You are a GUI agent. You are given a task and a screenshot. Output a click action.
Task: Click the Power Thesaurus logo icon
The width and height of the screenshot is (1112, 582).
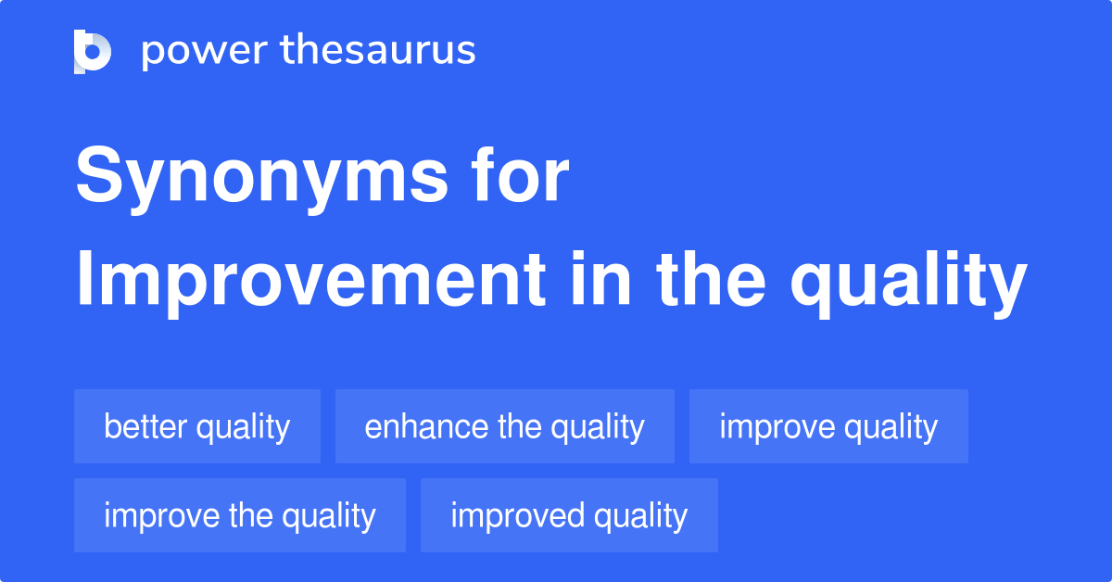pos(93,51)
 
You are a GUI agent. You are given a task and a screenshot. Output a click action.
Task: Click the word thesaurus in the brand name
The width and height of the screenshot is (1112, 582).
pos(378,51)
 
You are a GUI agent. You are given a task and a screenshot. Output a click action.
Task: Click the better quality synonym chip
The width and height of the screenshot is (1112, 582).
pos(196,426)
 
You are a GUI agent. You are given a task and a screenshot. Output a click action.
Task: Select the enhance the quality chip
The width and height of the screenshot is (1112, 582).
pos(504,426)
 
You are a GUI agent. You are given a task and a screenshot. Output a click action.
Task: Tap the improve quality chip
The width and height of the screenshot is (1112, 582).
pos(828,426)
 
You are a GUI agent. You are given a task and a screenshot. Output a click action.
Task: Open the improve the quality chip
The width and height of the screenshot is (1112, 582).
pos(239,515)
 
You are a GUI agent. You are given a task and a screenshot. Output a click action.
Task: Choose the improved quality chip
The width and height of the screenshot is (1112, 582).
pos(569,515)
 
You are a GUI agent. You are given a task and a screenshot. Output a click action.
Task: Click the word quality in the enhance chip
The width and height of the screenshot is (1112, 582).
pos(597,427)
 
